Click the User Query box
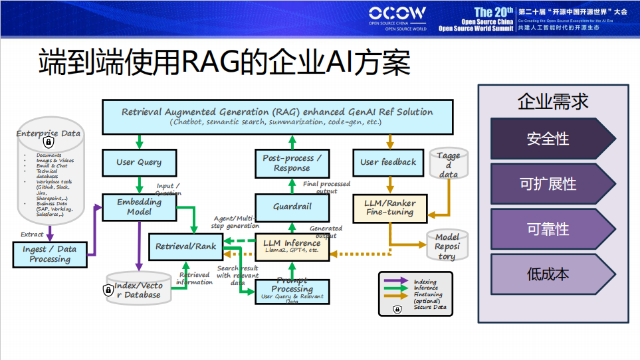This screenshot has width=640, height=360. click(x=139, y=162)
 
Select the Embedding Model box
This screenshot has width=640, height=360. click(x=139, y=207)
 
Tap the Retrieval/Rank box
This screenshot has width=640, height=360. click(x=185, y=246)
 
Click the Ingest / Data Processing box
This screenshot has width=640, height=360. click(x=50, y=254)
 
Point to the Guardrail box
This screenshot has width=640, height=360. click(x=292, y=207)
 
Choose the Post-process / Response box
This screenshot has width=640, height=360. click(x=292, y=163)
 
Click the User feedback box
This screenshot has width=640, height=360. click(x=388, y=162)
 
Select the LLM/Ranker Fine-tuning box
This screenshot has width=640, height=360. click(x=390, y=207)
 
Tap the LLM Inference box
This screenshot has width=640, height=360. click(x=292, y=246)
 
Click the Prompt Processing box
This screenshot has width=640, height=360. click(x=292, y=290)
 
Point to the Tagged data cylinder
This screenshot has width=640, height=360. click(x=449, y=164)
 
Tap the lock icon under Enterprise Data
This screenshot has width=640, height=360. click(x=49, y=143)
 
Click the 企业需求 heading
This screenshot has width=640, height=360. click(x=553, y=102)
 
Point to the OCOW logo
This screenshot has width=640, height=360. click(x=397, y=16)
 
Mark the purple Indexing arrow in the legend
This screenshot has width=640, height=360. click(x=396, y=282)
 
